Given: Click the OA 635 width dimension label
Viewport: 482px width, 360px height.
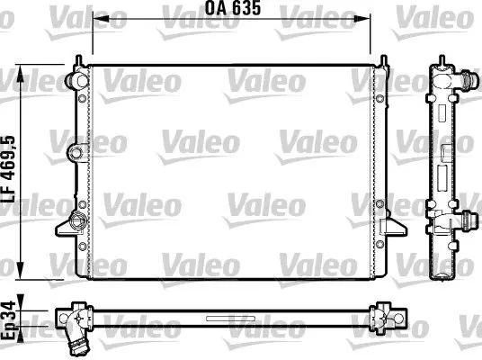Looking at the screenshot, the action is tap(233, 8).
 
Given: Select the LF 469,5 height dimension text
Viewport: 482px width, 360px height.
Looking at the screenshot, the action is tap(8, 169).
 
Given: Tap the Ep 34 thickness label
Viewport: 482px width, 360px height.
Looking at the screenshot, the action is tap(8, 321).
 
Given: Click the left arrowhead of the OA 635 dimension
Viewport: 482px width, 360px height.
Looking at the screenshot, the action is tap(101, 19).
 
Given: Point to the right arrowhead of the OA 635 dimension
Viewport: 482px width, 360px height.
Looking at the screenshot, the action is tap(362, 19).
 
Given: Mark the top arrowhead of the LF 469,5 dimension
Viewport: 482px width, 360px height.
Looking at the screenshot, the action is tap(21, 74).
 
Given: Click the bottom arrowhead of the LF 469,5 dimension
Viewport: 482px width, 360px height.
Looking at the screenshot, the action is tap(21, 271).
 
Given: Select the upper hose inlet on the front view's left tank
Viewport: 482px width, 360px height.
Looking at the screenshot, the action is tap(76, 80).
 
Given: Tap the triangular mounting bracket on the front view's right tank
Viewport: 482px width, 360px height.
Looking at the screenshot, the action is tap(394, 228).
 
